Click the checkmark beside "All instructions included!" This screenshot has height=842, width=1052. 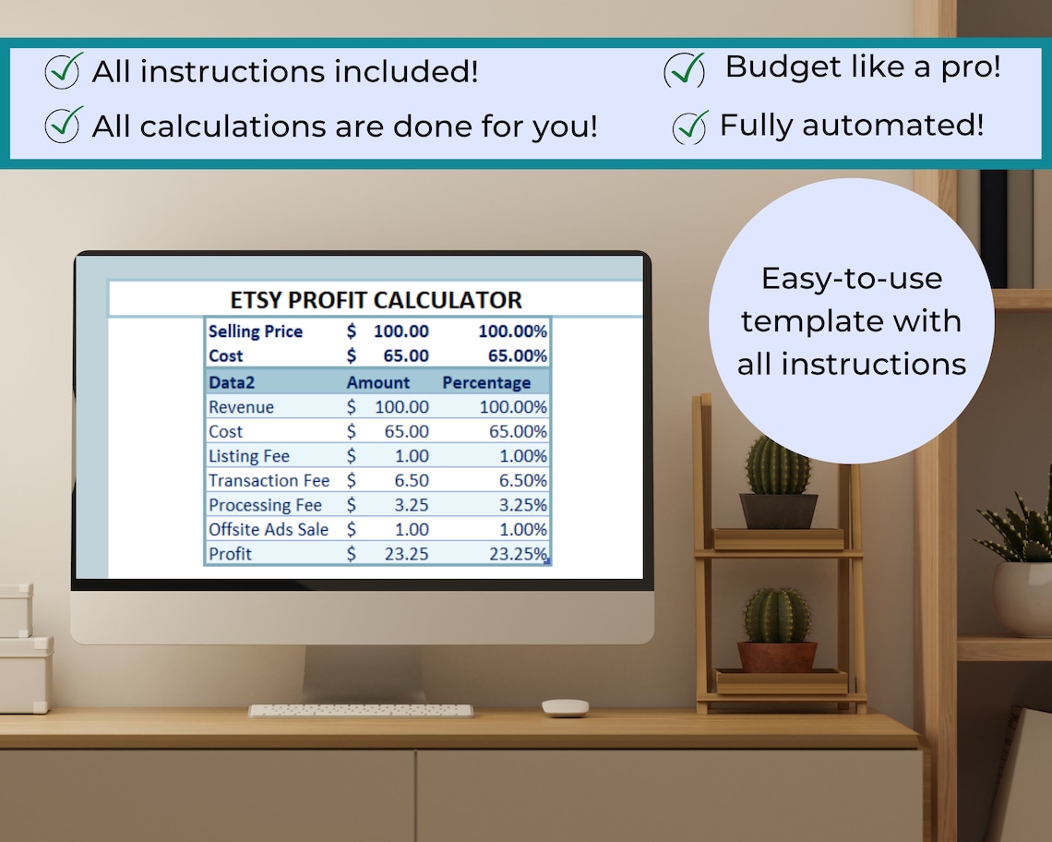click(x=63, y=72)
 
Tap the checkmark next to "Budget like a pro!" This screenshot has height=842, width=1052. click(x=685, y=70)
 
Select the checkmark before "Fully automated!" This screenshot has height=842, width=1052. click(x=690, y=126)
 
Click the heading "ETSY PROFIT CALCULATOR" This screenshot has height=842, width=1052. click(x=376, y=300)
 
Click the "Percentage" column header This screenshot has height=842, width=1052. click(x=486, y=382)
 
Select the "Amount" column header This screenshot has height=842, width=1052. click(x=378, y=382)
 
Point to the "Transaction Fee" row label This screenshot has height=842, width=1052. click(x=269, y=480)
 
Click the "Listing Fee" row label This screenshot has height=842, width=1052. click(x=249, y=456)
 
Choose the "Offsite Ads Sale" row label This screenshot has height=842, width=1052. click(x=269, y=529)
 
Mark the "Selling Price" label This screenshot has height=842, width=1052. click(x=256, y=331)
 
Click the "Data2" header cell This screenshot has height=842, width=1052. click(x=232, y=382)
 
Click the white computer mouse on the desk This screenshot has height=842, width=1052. click(x=565, y=707)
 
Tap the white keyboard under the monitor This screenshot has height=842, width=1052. click(x=361, y=711)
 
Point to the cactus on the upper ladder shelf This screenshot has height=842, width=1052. click(x=778, y=466)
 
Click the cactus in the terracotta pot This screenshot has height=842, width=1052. click(x=777, y=616)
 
